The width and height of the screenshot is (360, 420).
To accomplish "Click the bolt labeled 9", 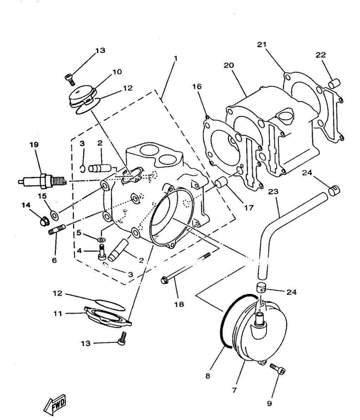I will (277, 369).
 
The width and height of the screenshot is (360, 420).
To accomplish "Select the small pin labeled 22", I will (334, 83).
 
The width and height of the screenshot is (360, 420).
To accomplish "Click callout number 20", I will (229, 65).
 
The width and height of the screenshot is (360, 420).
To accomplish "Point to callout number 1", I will (175, 58).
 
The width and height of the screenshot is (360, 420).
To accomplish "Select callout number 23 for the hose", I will (273, 192).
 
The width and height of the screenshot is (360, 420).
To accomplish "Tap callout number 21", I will (262, 45).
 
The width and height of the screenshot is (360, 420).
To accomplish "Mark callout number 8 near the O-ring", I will (208, 376).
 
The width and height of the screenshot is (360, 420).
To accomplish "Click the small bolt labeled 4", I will (102, 253).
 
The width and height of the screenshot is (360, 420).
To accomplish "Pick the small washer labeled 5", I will (101, 240).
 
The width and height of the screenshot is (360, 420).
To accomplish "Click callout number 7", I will (234, 390).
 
